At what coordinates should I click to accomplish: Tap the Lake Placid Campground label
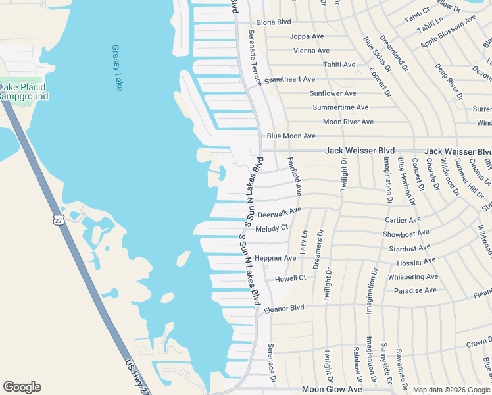tap(24, 92)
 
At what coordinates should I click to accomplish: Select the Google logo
tap(22, 387)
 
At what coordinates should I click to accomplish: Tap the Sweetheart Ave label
tap(289, 79)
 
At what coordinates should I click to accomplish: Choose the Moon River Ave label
tap(348, 122)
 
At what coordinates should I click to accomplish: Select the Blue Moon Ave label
tap(291, 136)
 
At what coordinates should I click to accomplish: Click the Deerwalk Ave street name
tap(279, 213)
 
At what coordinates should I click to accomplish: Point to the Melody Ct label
tap(272, 228)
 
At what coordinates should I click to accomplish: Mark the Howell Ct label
tap(290, 278)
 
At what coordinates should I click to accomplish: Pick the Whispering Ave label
tap(412, 276)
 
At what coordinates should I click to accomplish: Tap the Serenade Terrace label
tap(254, 57)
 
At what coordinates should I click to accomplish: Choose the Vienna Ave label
tap(312, 51)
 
